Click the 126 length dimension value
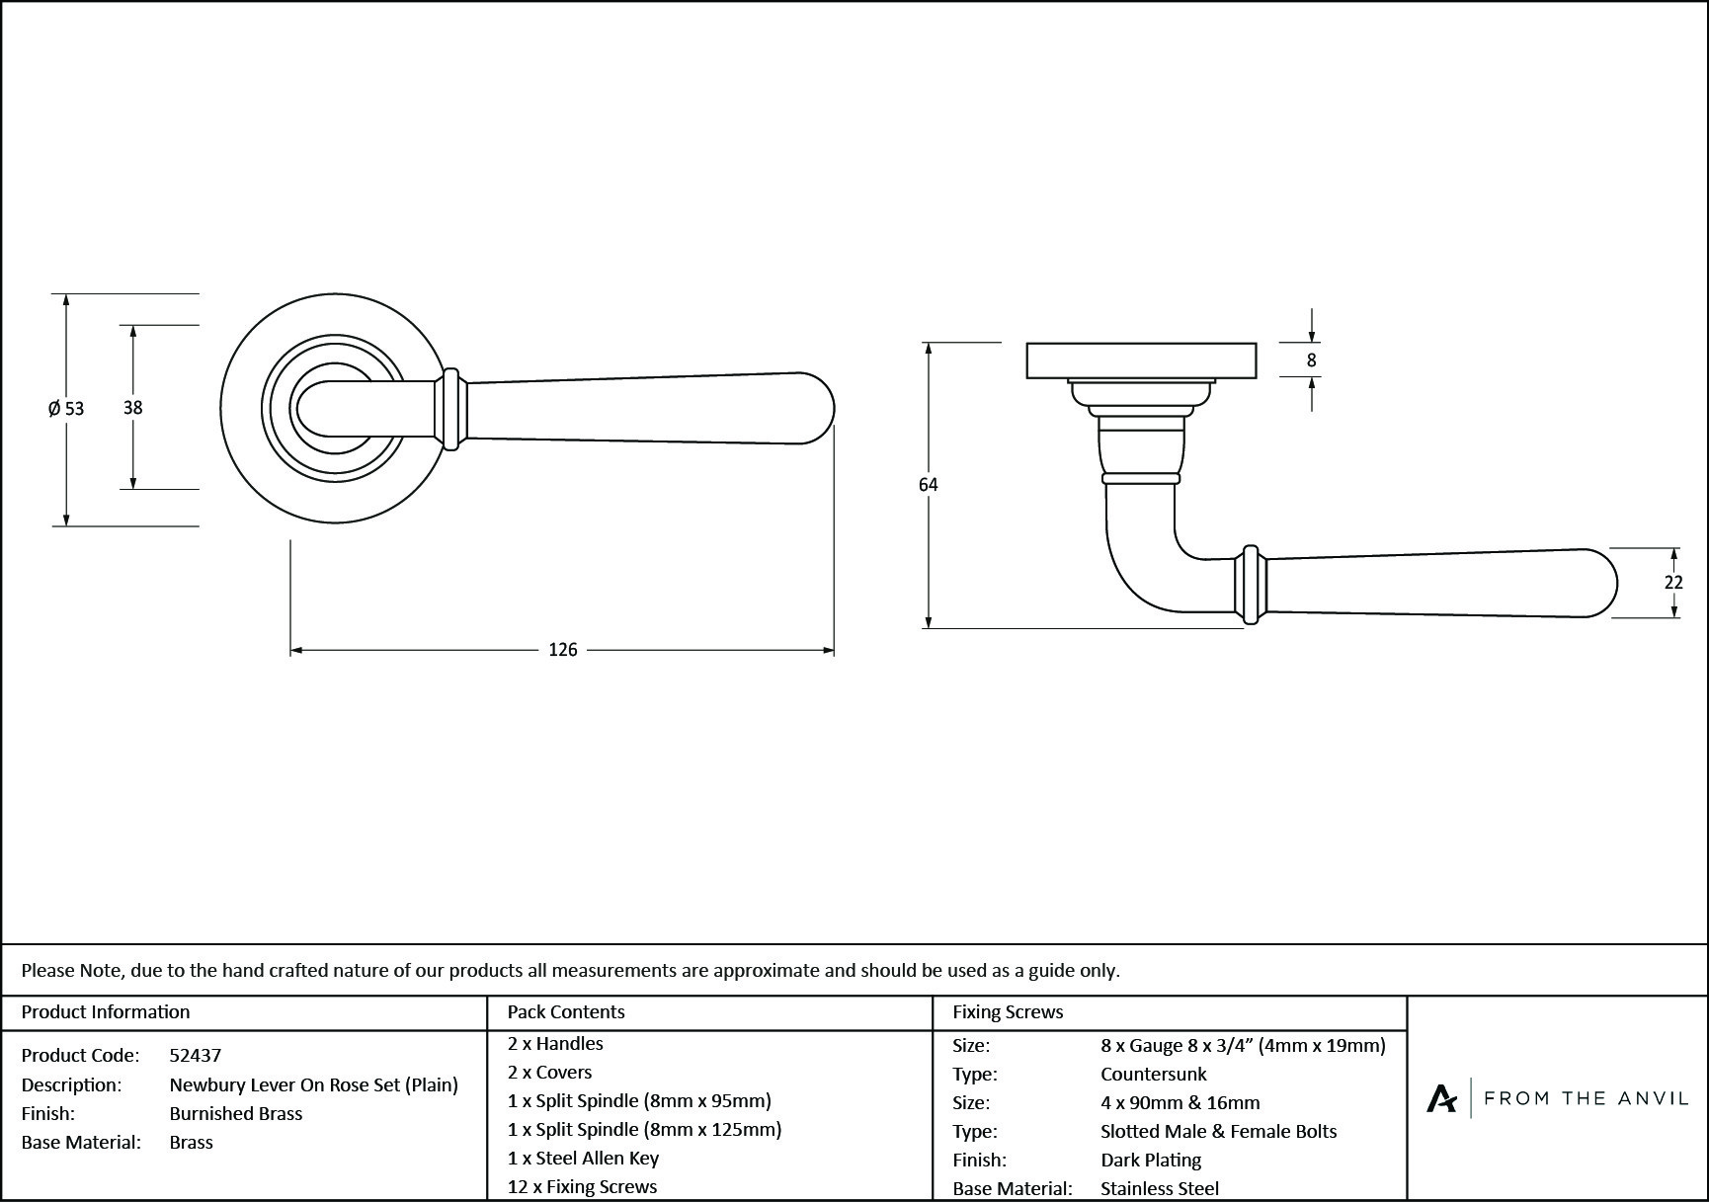(562, 650)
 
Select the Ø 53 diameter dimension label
(66, 408)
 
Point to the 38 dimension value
(132, 407)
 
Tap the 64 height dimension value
(928, 485)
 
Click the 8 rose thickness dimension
(1311, 361)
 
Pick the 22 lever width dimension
(1673, 583)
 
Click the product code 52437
(196, 1055)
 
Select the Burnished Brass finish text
(236, 1113)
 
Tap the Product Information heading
(106, 1011)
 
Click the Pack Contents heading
(566, 1011)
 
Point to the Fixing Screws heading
(1008, 1011)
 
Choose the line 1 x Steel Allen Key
(583, 1158)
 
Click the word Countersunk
(1154, 1074)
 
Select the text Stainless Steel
(1160, 1189)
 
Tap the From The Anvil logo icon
(1441, 1098)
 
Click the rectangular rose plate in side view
(1141, 361)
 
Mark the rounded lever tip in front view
(815, 408)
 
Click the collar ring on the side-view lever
(1251, 584)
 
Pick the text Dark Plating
(1151, 1160)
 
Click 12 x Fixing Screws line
(582, 1186)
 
